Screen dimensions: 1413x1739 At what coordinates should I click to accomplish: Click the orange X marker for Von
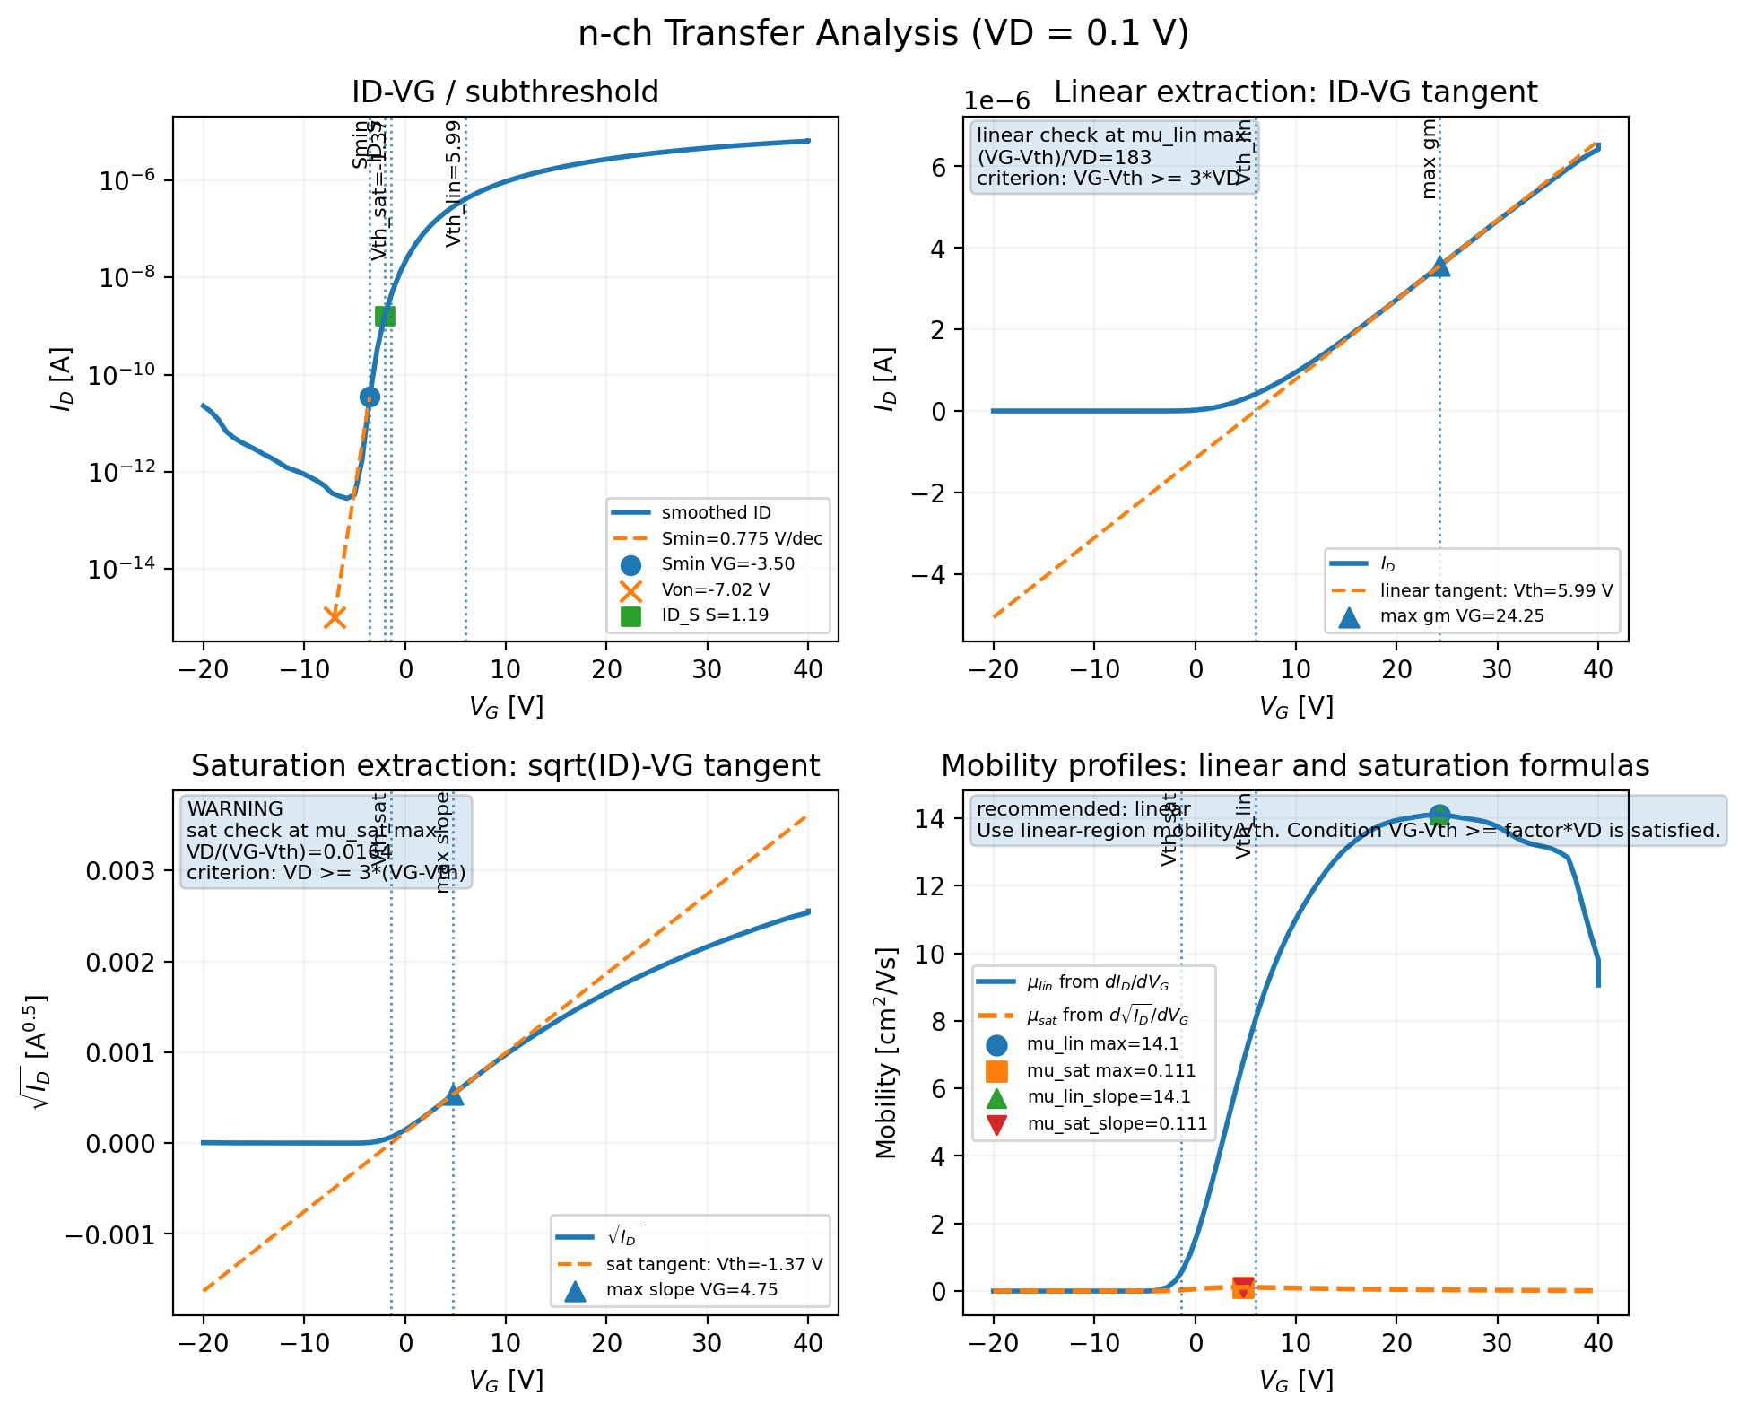(x=335, y=617)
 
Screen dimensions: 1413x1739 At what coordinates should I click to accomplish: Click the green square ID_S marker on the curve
(x=385, y=316)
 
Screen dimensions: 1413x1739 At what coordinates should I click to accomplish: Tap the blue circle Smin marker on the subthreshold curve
(x=370, y=397)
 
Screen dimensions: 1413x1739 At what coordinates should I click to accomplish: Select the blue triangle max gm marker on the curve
(x=1439, y=266)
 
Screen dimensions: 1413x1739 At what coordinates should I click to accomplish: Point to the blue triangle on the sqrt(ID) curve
(x=454, y=1095)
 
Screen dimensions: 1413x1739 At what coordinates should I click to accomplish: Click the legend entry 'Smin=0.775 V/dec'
(x=741, y=538)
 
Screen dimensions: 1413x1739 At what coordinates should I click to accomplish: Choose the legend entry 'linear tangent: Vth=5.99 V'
(x=1496, y=590)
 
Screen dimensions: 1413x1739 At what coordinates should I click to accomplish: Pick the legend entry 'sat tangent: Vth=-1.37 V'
(x=714, y=1264)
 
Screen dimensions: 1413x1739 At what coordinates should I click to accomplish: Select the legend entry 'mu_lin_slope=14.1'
(x=1109, y=1096)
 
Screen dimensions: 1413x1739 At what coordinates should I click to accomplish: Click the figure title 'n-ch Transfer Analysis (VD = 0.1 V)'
(x=883, y=34)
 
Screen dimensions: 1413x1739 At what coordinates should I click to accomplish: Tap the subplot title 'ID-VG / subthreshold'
(x=505, y=92)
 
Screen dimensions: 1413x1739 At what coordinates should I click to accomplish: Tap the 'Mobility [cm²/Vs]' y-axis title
(x=887, y=1052)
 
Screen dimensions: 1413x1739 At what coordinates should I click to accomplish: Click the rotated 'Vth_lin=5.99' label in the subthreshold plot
(x=454, y=184)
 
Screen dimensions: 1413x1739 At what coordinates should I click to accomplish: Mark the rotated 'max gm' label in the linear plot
(x=1430, y=159)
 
